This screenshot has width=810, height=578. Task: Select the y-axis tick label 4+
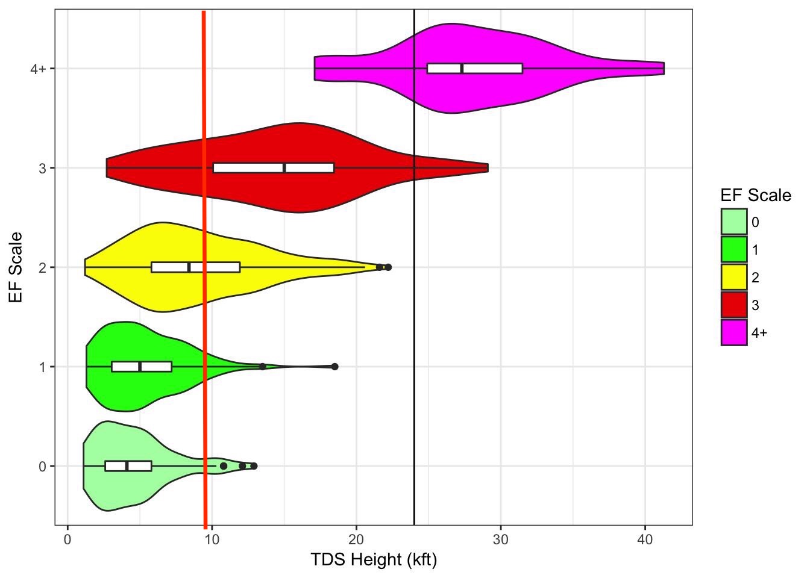38,69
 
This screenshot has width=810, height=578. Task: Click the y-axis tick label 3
42,168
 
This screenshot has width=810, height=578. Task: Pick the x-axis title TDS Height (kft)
374,560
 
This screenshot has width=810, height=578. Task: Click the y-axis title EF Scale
16,267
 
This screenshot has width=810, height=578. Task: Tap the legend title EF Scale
755,195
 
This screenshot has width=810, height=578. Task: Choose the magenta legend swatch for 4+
733,332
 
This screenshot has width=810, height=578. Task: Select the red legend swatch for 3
733,305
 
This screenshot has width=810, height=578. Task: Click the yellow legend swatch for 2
733,278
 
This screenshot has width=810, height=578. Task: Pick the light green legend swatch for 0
733,222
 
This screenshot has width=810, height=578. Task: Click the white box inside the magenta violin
475,68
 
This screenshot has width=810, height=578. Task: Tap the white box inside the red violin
274,167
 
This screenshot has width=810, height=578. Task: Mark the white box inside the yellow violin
196,267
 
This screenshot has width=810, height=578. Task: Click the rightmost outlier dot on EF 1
335,367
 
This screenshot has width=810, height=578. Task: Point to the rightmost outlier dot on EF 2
388,267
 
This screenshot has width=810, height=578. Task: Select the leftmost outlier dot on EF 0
224,466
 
